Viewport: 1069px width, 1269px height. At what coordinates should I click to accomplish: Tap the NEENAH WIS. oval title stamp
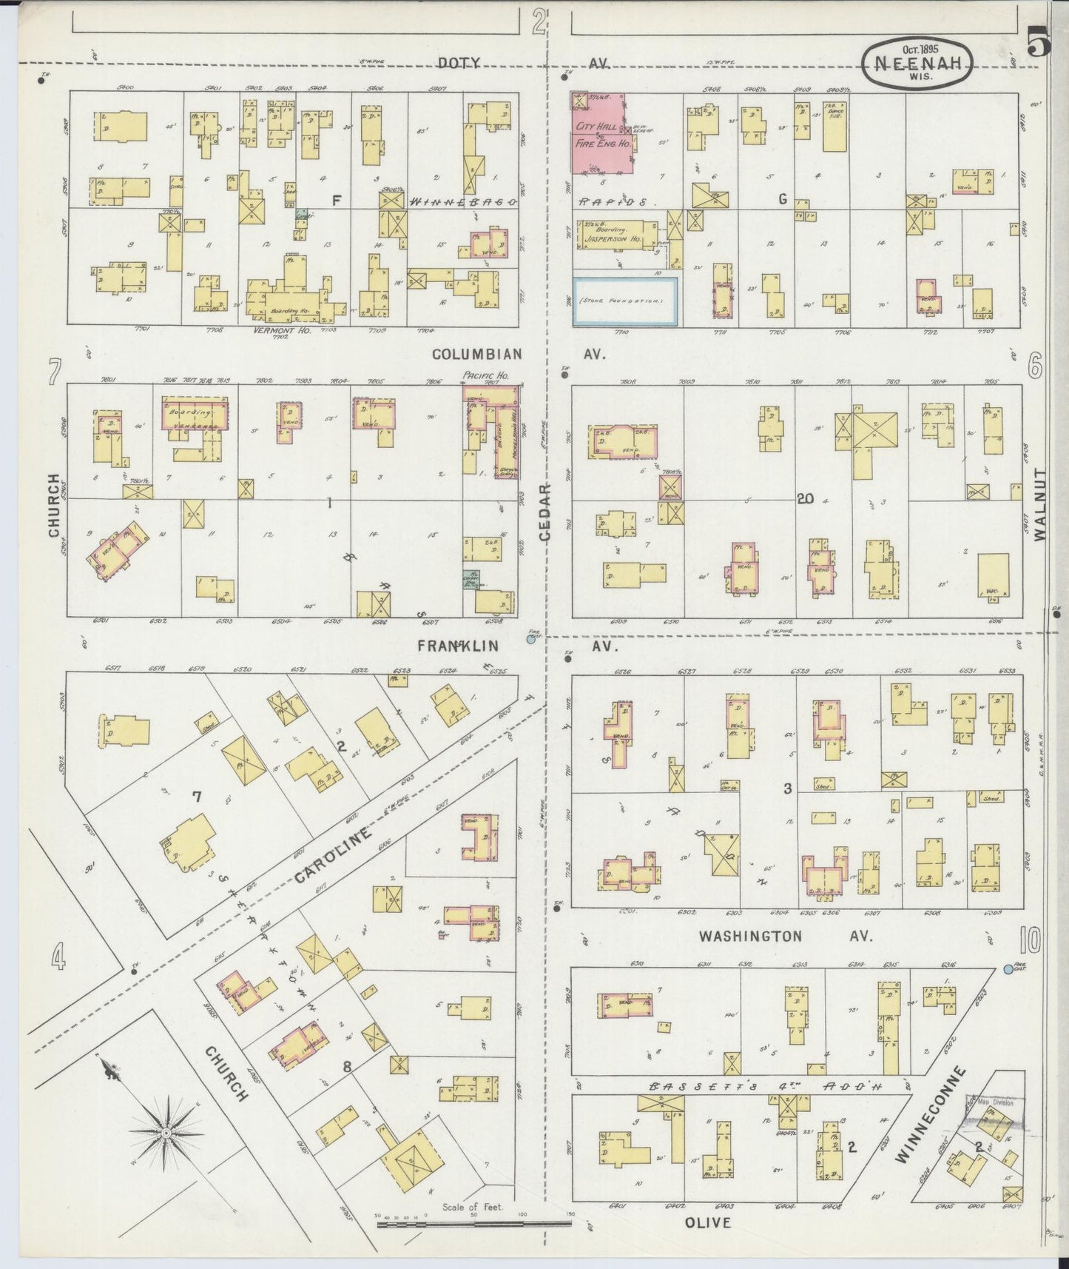(917, 65)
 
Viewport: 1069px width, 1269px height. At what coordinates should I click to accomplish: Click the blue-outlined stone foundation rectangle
(626, 301)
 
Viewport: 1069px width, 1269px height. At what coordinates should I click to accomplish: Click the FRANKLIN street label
(458, 646)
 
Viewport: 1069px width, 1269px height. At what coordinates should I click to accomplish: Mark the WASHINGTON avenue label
(750, 937)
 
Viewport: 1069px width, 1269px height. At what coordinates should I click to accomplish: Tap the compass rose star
(167, 1134)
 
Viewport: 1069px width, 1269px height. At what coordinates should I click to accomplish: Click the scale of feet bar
(473, 1225)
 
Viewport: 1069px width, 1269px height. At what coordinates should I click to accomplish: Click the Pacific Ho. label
(479, 376)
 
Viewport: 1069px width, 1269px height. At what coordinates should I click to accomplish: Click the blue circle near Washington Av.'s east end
(1008, 968)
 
